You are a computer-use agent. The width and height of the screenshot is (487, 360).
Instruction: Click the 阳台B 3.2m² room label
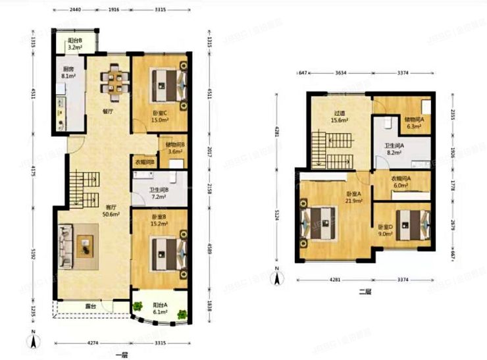pyautogui.click(x=74, y=44)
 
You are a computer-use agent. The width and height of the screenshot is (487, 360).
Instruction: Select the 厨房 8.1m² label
pyautogui.click(x=68, y=72)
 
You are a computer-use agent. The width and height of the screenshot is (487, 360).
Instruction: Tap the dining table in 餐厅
pyautogui.click(x=115, y=80)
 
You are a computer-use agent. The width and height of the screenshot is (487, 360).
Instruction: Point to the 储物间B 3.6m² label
pyautogui.click(x=175, y=149)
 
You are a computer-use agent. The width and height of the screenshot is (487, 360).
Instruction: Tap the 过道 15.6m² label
pyautogui.click(x=340, y=116)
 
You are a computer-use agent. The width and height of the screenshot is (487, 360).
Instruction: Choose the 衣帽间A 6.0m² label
pyautogui.click(x=401, y=182)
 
